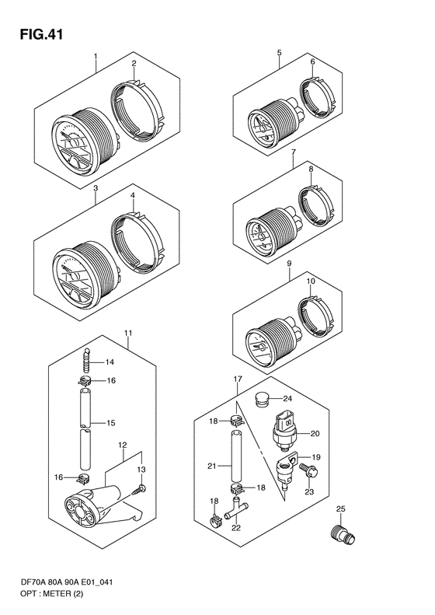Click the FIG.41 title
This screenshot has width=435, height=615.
tap(37, 34)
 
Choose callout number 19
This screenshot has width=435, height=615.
tap(315, 457)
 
